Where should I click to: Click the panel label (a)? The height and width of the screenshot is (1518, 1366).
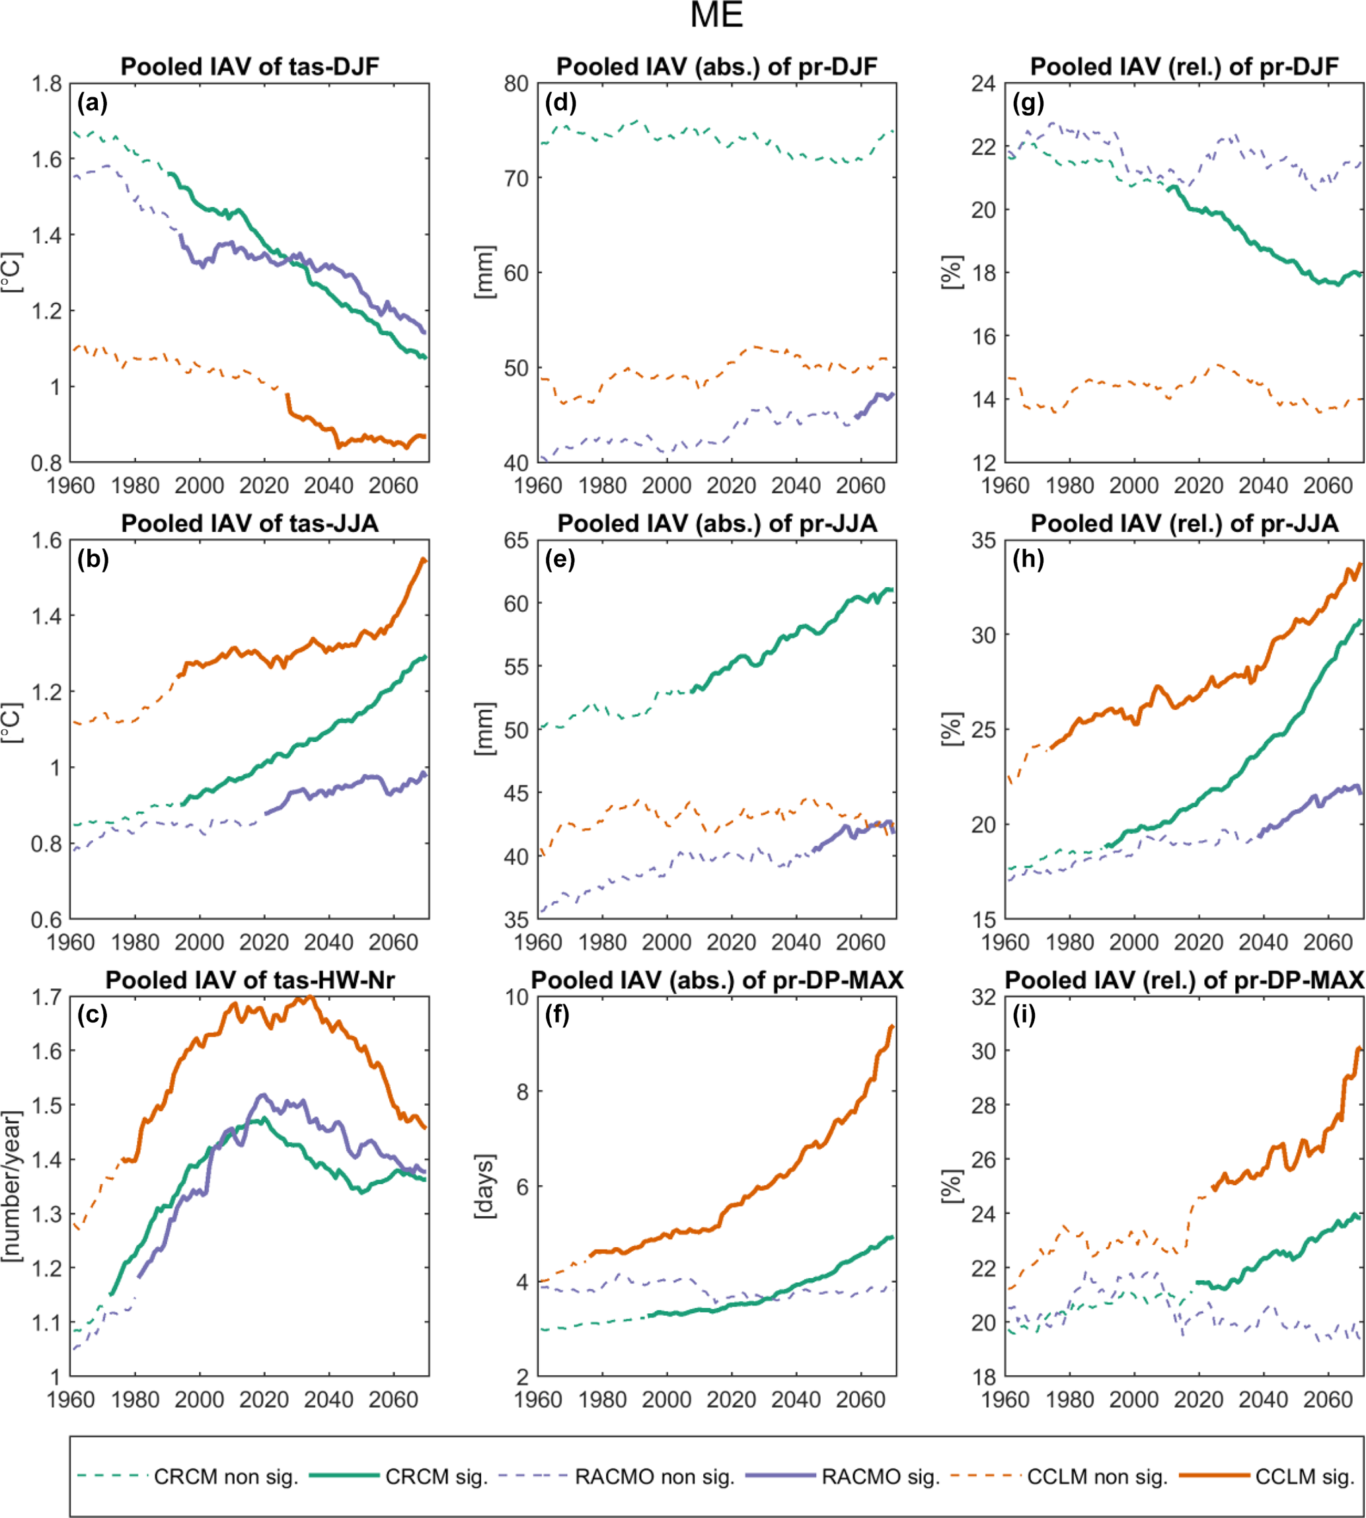[x=93, y=103]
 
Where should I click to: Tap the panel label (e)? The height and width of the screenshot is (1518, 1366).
[x=560, y=559]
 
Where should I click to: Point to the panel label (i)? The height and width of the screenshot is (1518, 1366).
[x=1024, y=1015]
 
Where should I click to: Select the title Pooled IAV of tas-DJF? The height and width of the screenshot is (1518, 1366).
[x=250, y=67]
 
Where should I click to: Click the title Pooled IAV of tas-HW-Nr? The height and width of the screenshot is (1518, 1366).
[x=250, y=980]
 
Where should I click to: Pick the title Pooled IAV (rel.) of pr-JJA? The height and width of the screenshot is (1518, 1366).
[x=1184, y=523]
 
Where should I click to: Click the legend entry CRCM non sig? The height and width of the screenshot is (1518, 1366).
[x=226, y=1477]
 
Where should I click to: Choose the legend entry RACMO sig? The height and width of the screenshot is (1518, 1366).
[x=880, y=1477]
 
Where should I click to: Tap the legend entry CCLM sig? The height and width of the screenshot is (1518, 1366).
[x=1305, y=1477]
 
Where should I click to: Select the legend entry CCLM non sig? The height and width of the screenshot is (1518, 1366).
[x=1097, y=1477]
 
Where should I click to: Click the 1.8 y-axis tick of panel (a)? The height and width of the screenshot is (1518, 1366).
[x=46, y=83]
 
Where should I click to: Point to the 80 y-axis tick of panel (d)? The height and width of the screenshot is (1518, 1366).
[x=516, y=83]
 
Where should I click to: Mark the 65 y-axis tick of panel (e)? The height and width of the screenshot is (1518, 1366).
[x=516, y=540]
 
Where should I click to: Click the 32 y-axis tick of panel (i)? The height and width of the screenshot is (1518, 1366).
[x=983, y=997]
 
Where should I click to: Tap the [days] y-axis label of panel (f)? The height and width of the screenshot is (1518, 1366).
[x=484, y=1186]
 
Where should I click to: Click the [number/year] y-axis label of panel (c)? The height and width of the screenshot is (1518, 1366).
[x=11, y=1186]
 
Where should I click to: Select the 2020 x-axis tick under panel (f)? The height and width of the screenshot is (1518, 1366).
[x=731, y=1400]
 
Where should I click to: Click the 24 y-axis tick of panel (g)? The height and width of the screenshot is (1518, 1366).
[x=983, y=83]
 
